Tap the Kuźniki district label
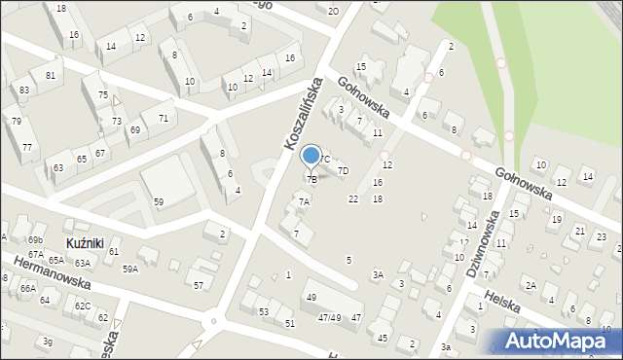point(85,240)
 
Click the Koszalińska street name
point(302,115)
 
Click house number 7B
point(311,179)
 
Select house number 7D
point(343,171)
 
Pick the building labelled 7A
point(304,202)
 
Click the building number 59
point(158,201)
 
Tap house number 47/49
point(328,317)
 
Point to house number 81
point(51,75)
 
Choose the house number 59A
point(129,270)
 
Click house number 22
point(353,198)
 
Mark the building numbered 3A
point(378,275)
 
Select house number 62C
point(83,306)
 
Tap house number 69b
point(36,239)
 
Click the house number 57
point(199,285)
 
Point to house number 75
point(102,94)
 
